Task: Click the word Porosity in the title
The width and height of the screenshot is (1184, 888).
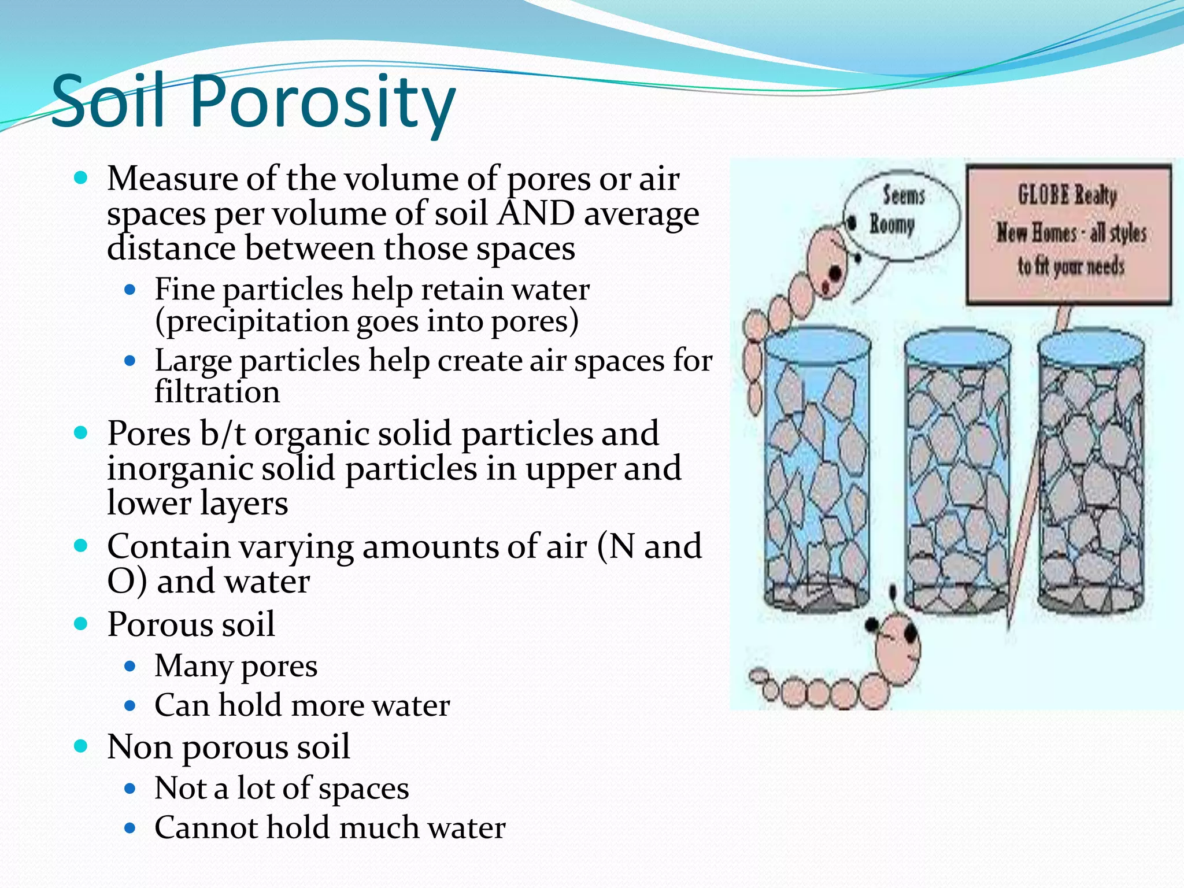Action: click(323, 103)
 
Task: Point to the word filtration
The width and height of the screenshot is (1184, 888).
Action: click(217, 393)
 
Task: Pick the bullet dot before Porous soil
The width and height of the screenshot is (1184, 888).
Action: click(81, 624)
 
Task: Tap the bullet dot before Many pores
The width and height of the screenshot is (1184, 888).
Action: click(130, 666)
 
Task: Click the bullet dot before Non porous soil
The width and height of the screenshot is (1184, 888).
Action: click(81, 746)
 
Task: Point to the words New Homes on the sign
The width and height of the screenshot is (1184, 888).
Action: click(1037, 232)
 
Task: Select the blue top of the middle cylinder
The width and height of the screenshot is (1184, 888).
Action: click(957, 345)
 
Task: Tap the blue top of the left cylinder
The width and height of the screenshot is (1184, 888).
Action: click(817, 343)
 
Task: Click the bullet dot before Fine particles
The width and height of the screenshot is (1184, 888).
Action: click(130, 288)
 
